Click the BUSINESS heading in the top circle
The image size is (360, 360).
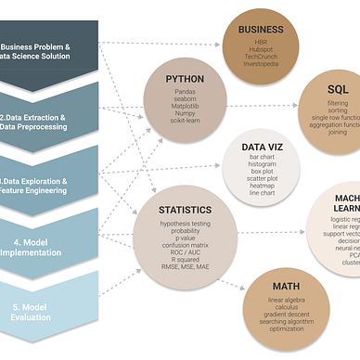pyautogui.click(x=260, y=29)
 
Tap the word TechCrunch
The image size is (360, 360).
pyautogui.click(x=260, y=56)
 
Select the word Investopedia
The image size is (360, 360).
pyautogui.click(x=260, y=64)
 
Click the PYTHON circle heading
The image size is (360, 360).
pyautogui.click(x=185, y=80)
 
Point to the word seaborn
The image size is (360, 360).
pyautogui.click(x=185, y=101)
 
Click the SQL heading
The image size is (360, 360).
pyautogui.click(x=338, y=89)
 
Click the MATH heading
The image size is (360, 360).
pyautogui.click(x=286, y=286)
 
